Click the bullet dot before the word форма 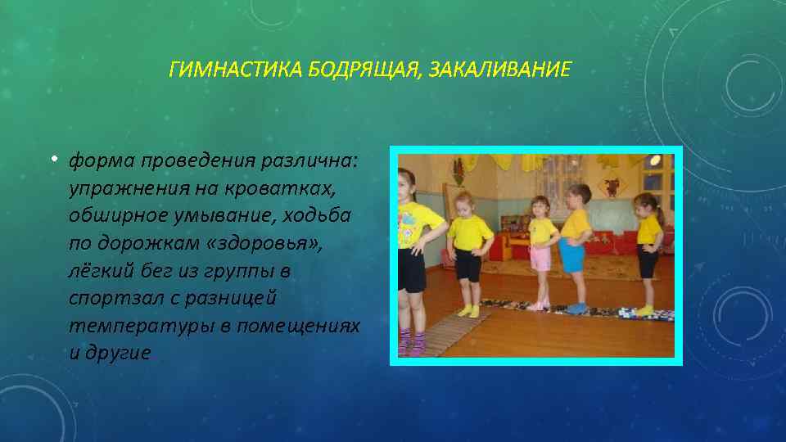pyautogui.click(x=61, y=159)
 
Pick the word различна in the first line pyautogui.click(x=308, y=160)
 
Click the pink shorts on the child pyautogui.click(x=540, y=256)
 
